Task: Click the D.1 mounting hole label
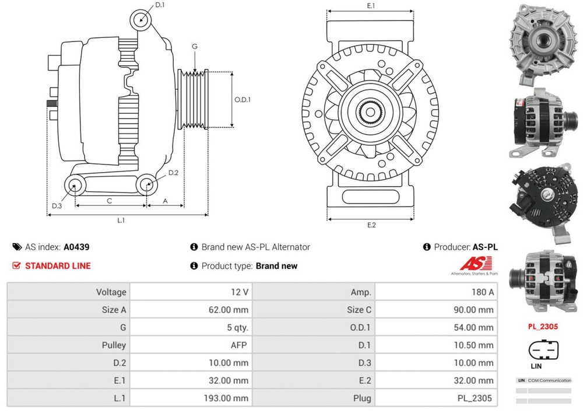pyautogui.click(x=160, y=6)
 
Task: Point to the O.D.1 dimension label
pyautogui.click(x=243, y=99)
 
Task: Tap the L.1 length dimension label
pyautogui.click(x=121, y=220)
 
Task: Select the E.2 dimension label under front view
pyautogui.click(x=371, y=225)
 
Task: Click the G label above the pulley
pyautogui.click(x=194, y=47)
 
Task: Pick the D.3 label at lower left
pyautogui.click(x=57, y=205)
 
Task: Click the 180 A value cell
pyautogui.click(x=483, y=292)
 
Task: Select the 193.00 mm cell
pyautogui.click(x=229, y=398)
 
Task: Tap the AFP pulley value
pyautogui.click(x=238, y=345)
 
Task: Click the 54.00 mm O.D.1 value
pyautogui.click(x=473, y=328)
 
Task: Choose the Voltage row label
pyautogui.click(x=111, y=292)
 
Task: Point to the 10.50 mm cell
pyautogui.click(x=473, y=345)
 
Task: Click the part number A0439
pyautogui.click(x=76, y=247)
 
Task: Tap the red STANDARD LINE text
pyautogui.click(x=58, y=266)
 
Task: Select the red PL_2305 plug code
pyautogui.click(x=543, y=327)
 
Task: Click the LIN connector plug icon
pyautogui.click(x=542, y=350)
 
